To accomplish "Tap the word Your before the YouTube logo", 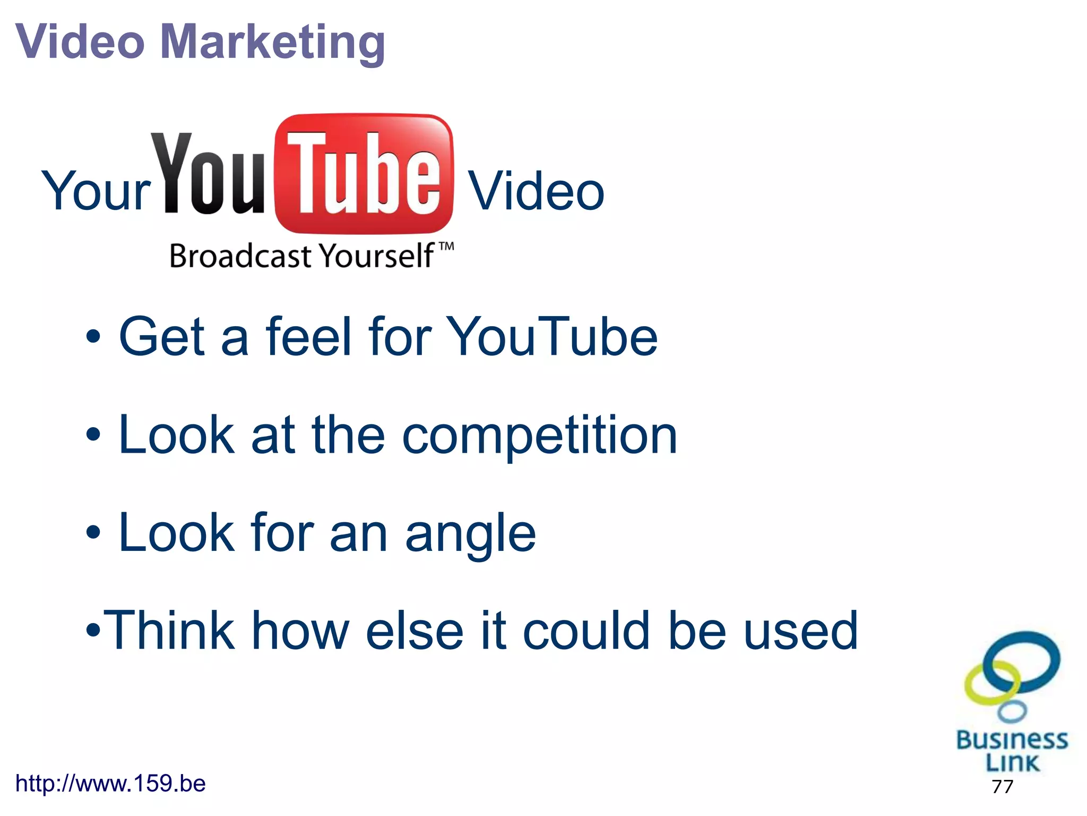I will pos(96,191).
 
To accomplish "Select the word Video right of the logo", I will pos(536,191).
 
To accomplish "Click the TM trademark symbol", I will pos(447,246).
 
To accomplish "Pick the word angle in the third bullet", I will pos(470,533).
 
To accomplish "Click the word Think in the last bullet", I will pos(170,631).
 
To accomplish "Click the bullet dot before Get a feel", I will pos(93,337).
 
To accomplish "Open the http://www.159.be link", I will pos(110,784).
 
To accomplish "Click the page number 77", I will pos(1002,786).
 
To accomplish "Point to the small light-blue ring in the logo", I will pos(1012,711).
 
